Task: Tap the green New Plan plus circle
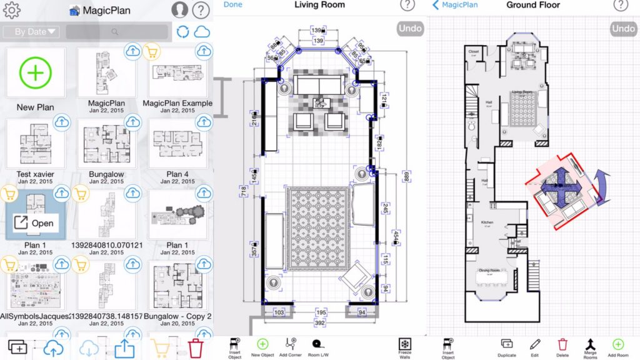[35, 73]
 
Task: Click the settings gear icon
[12, 10]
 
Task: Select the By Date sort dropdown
[31, 31]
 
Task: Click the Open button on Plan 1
[36, 223]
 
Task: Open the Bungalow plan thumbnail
[106, 144]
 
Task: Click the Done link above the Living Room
[232, 5]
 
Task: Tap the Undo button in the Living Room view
[410, 28]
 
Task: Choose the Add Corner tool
[291, 346]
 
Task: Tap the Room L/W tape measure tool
[318, 346]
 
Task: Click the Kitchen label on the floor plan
[487, 222]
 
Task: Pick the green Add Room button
[617, 346]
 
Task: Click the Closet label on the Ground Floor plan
[474, 52]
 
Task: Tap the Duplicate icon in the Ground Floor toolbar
[507, 346]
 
